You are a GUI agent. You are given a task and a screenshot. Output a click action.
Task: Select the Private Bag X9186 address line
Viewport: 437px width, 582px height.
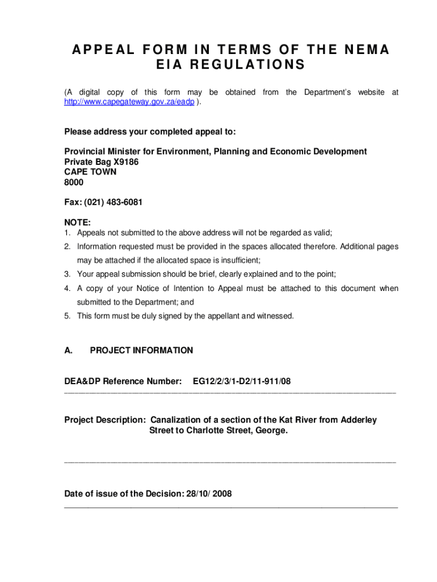click(101, 162)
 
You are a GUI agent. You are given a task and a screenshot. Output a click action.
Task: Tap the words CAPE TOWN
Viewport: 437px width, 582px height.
click(90, 172)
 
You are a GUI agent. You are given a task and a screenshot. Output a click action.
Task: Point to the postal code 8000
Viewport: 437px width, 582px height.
click(74, 182)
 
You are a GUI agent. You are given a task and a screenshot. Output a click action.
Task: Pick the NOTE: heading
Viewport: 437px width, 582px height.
click(78, 223)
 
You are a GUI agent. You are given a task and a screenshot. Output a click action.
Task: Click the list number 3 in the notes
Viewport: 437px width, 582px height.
click(67, 274)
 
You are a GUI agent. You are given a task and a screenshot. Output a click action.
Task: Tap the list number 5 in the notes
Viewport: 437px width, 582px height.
click(67, 316)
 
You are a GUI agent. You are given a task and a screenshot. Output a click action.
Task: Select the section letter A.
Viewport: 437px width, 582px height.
click(68, 351)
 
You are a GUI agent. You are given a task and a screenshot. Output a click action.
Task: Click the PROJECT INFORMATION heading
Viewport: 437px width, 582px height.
click(141, 351)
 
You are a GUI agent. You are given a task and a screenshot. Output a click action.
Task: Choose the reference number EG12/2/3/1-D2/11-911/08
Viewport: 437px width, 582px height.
click(242, 381)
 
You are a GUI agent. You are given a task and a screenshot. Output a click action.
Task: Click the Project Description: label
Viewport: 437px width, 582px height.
click(105, 420)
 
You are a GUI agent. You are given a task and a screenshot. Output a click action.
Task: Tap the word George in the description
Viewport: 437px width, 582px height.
click(271, 431)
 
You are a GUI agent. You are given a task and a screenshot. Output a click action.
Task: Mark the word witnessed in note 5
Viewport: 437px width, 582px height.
click(275, 316)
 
